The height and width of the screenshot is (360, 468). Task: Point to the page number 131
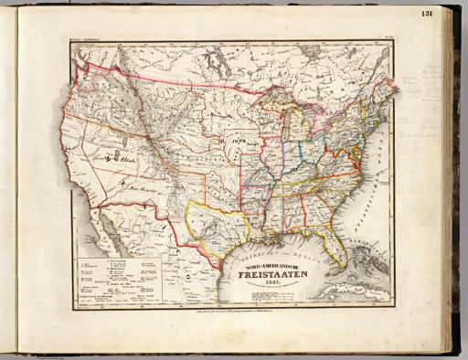(x=452, y=12)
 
